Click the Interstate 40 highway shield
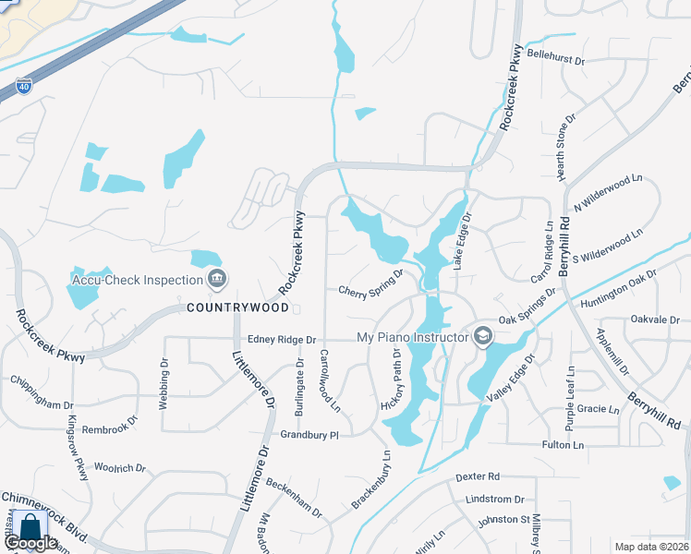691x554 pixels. point(22,88)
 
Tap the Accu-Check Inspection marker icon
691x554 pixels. point(216,277)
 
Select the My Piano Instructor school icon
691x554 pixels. point(480,336)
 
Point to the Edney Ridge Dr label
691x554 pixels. point(275,339)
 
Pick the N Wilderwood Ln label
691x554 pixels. point(607,192)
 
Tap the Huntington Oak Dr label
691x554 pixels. point(618,289)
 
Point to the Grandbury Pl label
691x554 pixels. point(310,434)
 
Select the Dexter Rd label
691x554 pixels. point(478,476)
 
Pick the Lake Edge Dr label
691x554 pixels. point(461,242)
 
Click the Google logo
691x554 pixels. point(30,544)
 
